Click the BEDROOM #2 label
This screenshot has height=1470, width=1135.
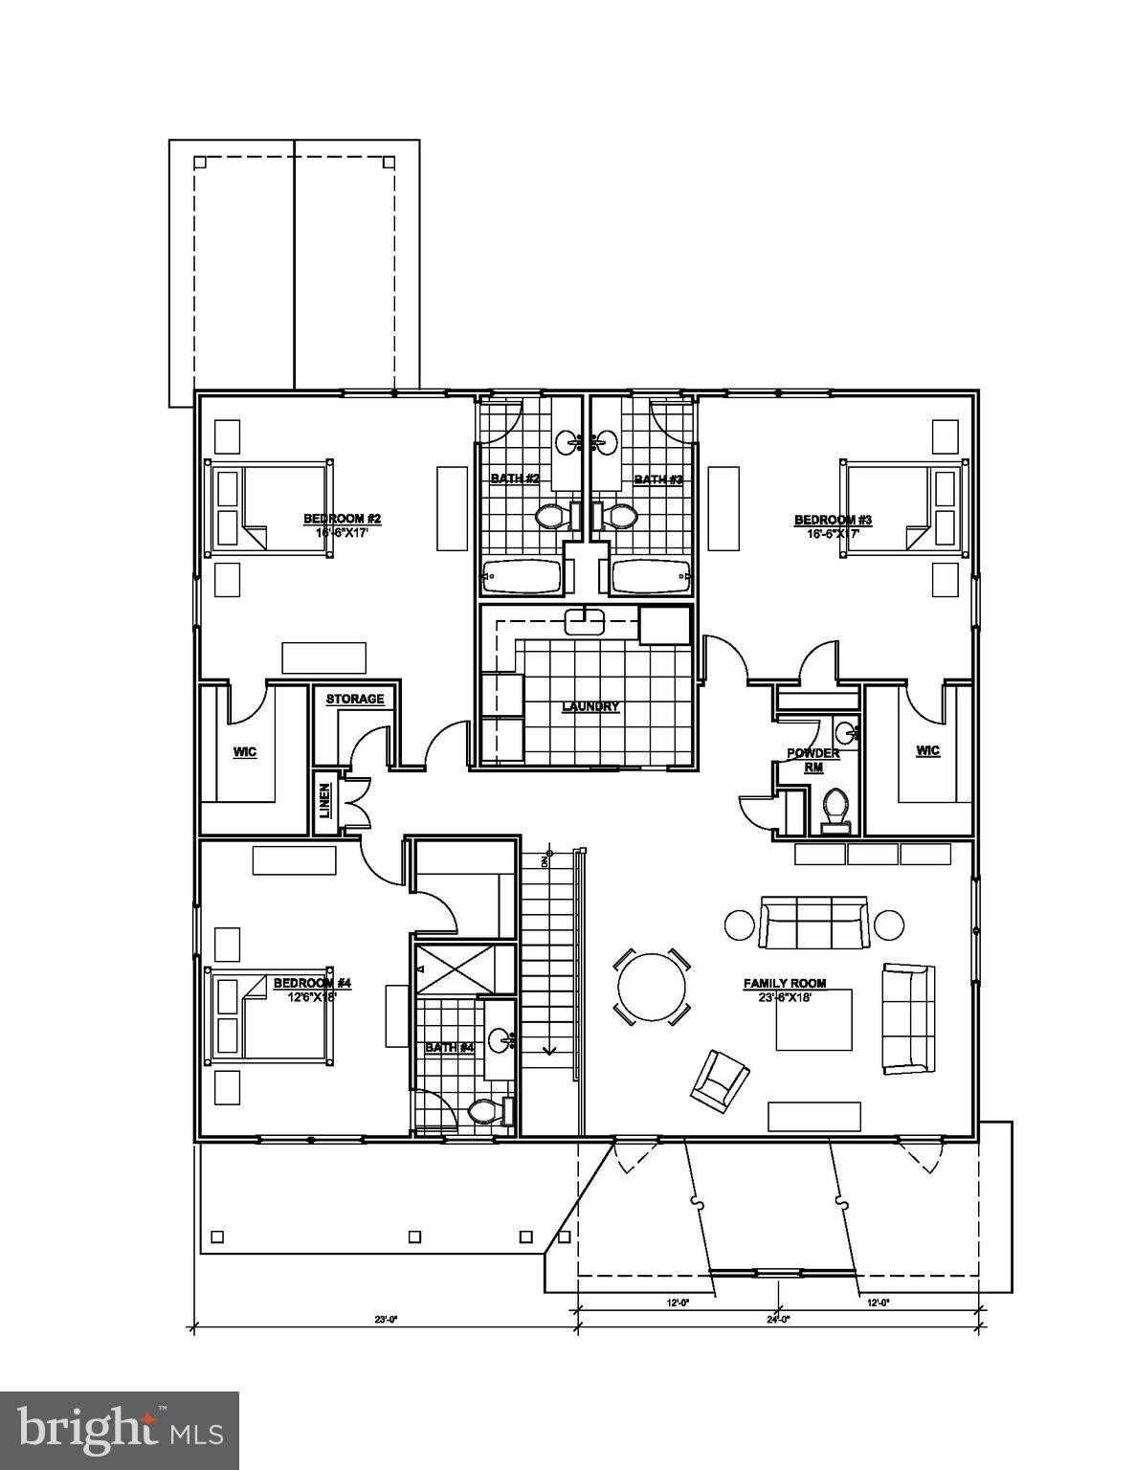(343, 519)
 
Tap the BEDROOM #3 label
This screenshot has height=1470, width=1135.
(833, 520)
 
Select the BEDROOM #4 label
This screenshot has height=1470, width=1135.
(313, 983)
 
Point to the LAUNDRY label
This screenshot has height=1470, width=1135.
(590, 706)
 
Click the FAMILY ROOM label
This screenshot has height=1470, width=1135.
(785, 983)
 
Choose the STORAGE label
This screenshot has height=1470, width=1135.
(354, 700)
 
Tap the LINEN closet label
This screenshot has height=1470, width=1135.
(325, 800)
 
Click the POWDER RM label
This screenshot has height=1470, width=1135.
(812, 759)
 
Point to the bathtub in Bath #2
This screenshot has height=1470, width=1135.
(522, 577)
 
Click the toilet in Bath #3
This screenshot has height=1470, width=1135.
(619, 517)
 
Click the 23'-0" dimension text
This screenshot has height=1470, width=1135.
(386, 1320)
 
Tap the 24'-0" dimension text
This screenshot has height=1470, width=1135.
(777, 1320)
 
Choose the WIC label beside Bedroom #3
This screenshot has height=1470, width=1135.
(927, 750)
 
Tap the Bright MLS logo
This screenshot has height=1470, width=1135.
(120, 1430)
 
